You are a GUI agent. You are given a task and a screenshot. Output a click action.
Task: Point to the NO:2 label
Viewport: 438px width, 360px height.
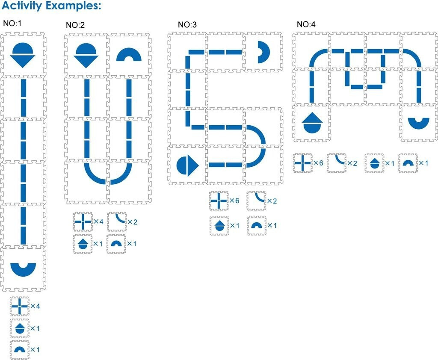click(x=75, y=25)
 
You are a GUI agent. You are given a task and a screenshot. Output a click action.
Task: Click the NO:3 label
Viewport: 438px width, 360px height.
click(x=187, y=25)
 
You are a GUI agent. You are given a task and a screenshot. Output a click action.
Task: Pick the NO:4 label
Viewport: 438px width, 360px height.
click(x=306, y=24)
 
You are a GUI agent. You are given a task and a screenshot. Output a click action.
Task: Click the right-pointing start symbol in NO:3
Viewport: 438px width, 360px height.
click(x=187, y=165)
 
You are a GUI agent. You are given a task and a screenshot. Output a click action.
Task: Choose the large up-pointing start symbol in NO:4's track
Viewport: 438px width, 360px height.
click(x=311, y=121)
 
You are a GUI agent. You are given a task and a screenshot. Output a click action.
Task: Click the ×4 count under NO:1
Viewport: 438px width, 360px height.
click(x=35, y=307)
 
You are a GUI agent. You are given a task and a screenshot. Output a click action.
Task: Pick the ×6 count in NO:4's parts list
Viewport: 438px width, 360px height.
click(x=318, y=163)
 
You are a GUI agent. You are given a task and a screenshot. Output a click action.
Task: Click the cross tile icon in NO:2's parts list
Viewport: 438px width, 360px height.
click(x=82, y=221)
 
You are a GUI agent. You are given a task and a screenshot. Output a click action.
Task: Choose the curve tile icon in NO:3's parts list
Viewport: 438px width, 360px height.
click(x=256, y=201)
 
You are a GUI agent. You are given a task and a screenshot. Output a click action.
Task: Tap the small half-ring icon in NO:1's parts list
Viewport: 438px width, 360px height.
click(x=20, y=350)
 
